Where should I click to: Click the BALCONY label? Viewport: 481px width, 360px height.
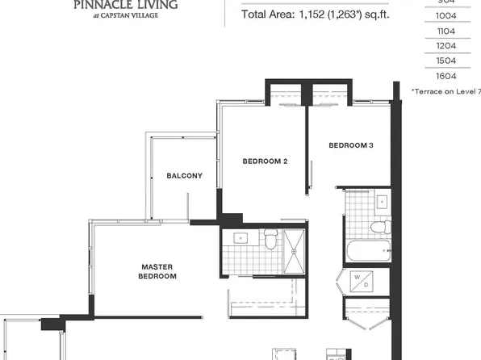coord(184,176)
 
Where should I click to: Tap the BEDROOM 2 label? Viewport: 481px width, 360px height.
coord(266,161)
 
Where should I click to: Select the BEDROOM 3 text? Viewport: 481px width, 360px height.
coord(350,145)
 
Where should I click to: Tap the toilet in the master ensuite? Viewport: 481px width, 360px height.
coord(271,239)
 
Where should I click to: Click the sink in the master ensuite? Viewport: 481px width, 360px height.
coord(240,238)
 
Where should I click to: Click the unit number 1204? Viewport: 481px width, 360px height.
coord(445,46)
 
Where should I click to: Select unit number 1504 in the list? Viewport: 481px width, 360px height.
coord(445,61)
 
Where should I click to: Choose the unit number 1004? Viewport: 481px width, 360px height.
coord(445,17)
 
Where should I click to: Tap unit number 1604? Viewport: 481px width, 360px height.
coord(445,75)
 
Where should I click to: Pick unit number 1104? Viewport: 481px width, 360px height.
coord(445,31)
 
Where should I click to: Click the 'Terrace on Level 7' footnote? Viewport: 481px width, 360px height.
coord(445,91)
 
